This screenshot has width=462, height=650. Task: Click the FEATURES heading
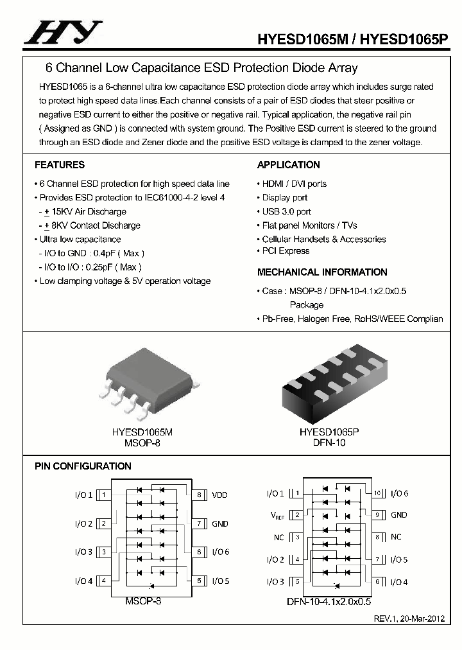click(x=60, y=165)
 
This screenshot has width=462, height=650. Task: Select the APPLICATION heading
click(x=288, y=165)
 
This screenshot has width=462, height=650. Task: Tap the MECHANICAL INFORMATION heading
click(x=322, y=272)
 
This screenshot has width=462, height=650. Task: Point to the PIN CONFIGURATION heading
click(x=83, y=466)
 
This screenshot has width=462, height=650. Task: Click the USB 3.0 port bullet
click(x=286, y=211)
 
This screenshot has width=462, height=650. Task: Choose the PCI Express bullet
click(x=285, y=251)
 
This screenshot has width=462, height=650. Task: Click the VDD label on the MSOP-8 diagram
click(x=219, y=495)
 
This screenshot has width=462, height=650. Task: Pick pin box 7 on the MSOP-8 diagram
click(x=200, y=523)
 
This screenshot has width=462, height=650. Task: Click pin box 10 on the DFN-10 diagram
click(x=378, y=493)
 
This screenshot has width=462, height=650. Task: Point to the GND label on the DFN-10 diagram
click(x=398, y=515)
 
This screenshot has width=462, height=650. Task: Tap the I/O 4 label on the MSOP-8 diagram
click(x=83, y=581)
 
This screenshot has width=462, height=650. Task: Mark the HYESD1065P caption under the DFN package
click(x=329, y=433)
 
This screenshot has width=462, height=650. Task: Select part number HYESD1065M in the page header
click(x=303, y=39)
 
